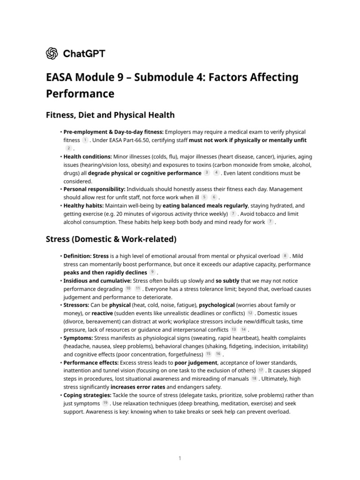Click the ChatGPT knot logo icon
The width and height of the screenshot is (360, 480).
52,53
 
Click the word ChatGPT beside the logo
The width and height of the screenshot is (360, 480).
84,53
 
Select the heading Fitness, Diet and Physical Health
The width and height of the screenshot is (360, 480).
110,115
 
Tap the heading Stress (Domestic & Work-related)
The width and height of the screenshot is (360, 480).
111,240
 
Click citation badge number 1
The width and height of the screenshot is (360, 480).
85,140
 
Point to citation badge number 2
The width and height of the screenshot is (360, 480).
68,148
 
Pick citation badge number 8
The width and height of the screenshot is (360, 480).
285,256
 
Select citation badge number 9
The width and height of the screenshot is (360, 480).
152,273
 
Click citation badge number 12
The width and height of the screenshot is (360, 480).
250,313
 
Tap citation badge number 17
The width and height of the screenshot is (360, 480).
261,370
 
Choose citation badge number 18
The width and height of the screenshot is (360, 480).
254,379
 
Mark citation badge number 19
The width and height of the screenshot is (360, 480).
105,403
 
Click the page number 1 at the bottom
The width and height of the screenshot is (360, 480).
180,458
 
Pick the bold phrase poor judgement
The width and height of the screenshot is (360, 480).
196,362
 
